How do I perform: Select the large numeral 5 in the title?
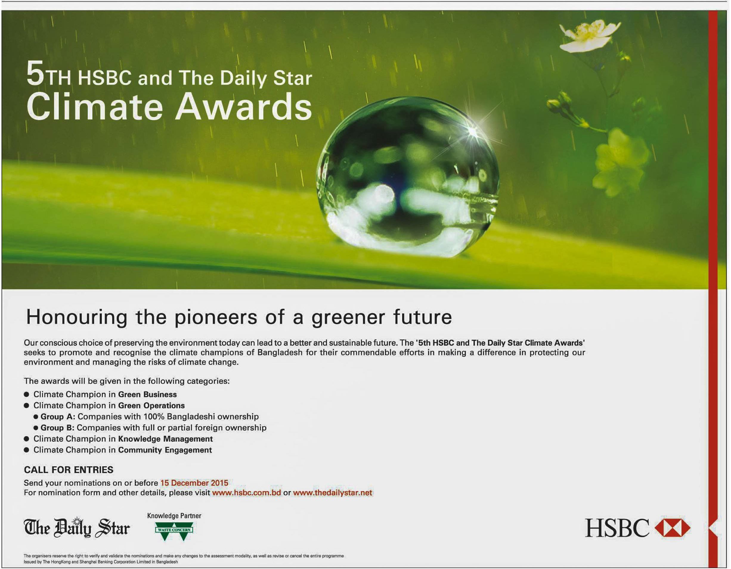pyautogui.click(x=35, y=73)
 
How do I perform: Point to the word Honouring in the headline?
pyautogui.click(x=77, y=317)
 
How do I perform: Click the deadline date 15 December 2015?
pyautogui.click(x=194, y=483)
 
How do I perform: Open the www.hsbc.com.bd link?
pyautogui.click(x=246, y=492)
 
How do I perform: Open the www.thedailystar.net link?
pyautogui.click(x=332, y=492)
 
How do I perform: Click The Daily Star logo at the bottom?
pyautogui.click(x=77, y=528)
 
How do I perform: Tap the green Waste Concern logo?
pyautogui.click(x=174, y=531)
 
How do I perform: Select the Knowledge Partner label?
pyautogui.click(x=174, y=515)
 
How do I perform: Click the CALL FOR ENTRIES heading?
pyautogui.click(x=69, y=470)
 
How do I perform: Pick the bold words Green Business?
pyautogui.click(x=147, y=394)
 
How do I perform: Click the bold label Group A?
pyautogui.click(x=58, y=416)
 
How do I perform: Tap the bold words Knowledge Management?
pyautogui.click(x=165, y=439)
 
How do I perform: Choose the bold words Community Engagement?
pyautogui.click(x=165, y=450)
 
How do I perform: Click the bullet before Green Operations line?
pyautogui.click(x=27, y=405)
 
